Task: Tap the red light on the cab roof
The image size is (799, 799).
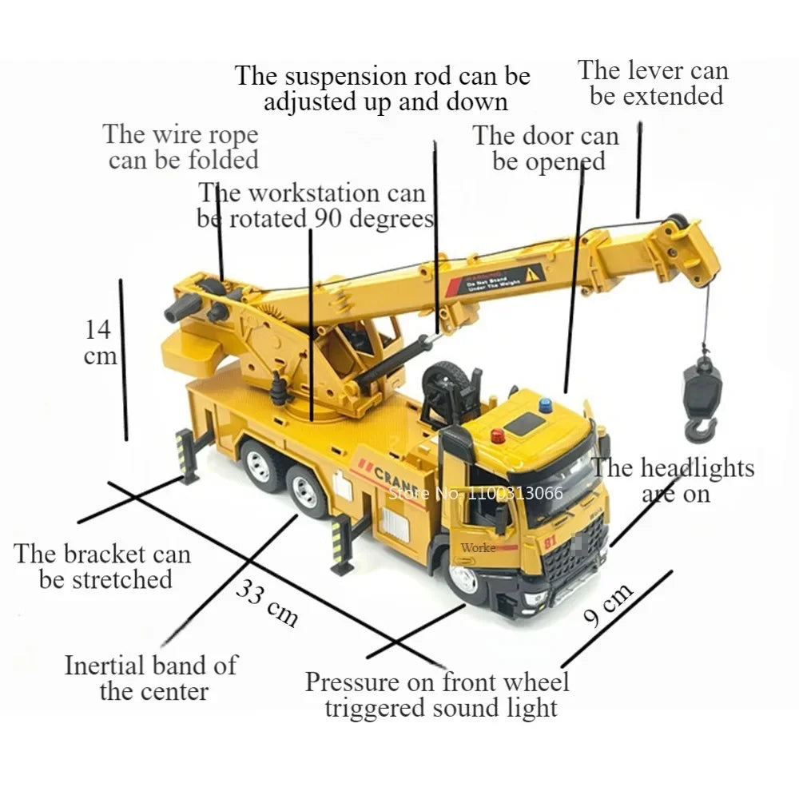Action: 497,436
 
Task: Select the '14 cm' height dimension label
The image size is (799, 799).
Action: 101,342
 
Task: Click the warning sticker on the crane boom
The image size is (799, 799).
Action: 495,279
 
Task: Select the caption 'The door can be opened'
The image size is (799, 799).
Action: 547,149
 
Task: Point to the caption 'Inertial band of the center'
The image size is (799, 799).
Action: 152,678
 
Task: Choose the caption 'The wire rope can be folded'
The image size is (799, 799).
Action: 182,146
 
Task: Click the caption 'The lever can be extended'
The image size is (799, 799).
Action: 654,83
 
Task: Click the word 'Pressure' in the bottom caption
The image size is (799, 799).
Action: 351,682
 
